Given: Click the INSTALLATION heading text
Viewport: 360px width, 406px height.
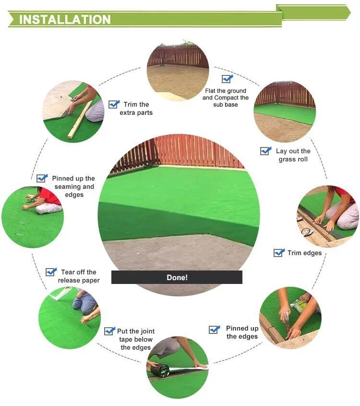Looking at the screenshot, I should tap(65, 19).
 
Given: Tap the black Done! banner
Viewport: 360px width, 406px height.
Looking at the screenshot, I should tap(177, 277).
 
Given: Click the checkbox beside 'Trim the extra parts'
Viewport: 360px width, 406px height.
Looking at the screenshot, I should tap(114, 104).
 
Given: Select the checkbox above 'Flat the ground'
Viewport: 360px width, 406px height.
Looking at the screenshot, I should tap(227, 79).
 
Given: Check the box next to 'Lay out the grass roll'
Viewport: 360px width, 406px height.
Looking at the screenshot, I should tap(265, 151).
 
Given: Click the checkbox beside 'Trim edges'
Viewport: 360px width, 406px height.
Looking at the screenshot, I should tap(279, 253).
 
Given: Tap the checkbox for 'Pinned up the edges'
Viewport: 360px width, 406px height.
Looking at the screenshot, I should tap(214, 329).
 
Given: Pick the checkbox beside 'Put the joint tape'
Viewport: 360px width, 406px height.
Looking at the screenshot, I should tap(109, 331).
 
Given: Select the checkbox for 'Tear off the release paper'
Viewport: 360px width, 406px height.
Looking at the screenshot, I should tap(51, 272).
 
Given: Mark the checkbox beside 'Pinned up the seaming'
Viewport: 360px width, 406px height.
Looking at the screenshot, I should tap(42, 178).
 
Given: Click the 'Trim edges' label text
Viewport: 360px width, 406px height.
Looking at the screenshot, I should tap(304, 253).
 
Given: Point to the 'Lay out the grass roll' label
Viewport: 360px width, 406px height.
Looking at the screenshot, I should tap(293, 155).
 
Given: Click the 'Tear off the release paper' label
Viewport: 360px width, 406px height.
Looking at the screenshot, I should tap(79, 276).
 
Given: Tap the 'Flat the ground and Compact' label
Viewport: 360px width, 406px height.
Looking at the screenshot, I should tap(226, 98).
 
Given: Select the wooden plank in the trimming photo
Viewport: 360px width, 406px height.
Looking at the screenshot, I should tap(79, 120).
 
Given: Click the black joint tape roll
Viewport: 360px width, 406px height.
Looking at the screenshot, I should tap(160, 369).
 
